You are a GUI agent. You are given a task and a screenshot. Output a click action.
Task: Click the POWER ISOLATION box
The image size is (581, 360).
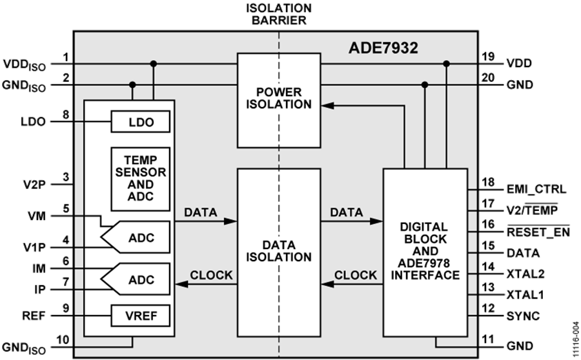(279, 99)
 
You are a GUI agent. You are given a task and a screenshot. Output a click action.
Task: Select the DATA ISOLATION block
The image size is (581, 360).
(279, 252)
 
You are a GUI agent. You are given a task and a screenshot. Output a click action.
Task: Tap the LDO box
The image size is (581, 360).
(141, 121)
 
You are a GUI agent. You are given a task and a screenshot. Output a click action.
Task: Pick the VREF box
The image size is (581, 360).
(141, 316)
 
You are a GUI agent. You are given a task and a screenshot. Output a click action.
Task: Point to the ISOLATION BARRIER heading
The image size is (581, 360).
(279, 14)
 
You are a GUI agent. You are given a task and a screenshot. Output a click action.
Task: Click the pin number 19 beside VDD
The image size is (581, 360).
(489, 57)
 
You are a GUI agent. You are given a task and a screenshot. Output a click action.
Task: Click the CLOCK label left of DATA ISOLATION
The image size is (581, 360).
(211, 275)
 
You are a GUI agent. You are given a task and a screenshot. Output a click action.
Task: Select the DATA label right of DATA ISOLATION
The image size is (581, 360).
(346, 212)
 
